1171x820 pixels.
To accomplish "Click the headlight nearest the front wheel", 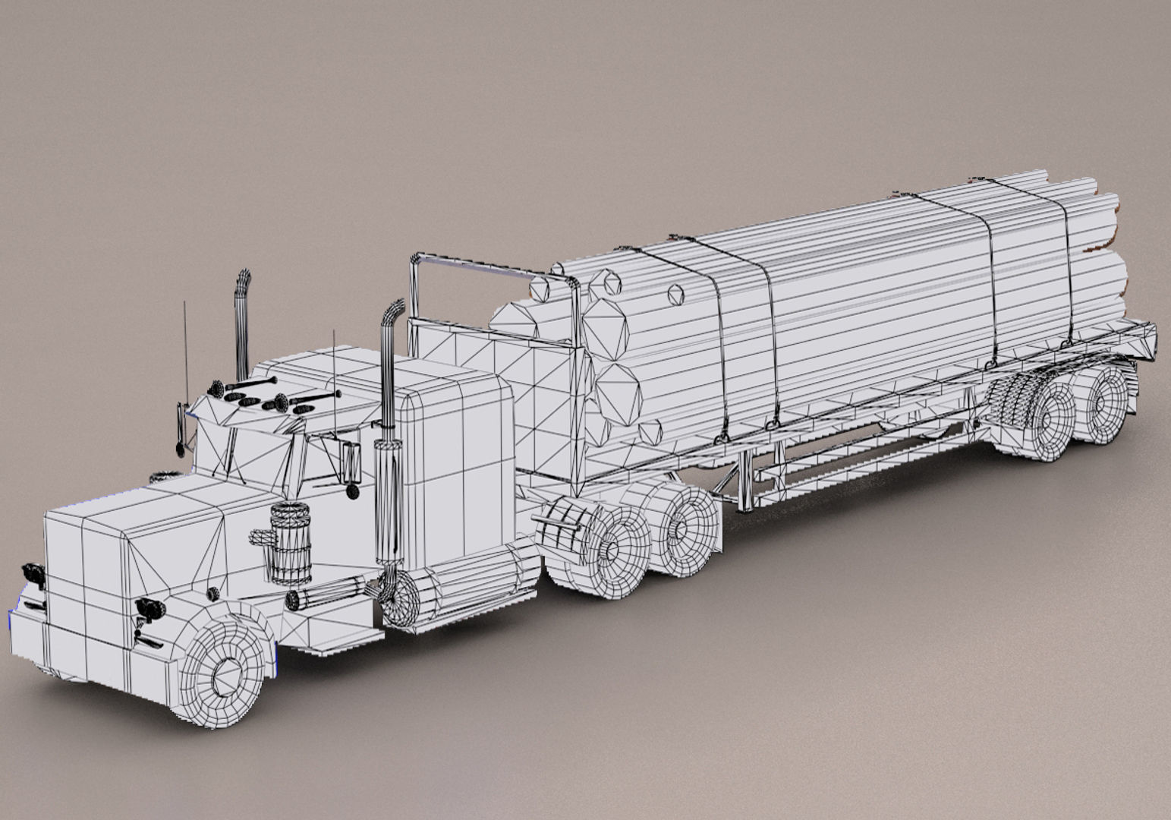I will [x=149, y=607].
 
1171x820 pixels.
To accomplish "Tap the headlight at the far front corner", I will [x=33, y=573].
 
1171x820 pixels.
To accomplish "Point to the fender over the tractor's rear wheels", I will [x=562, y=524].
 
